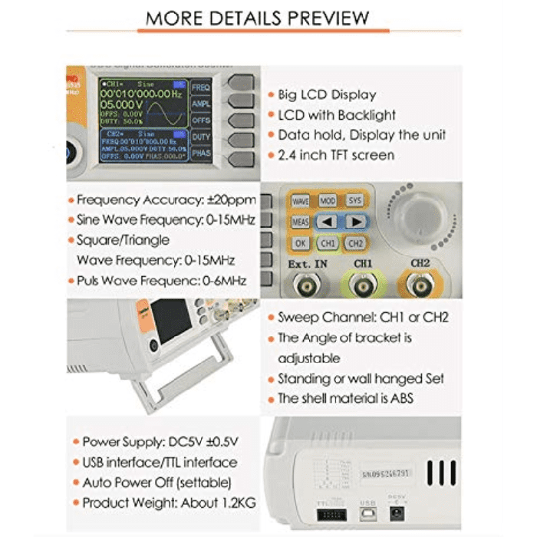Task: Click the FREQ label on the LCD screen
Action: pos(201,87)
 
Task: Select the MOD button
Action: pos(328,200)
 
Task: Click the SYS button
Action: pos(354,200)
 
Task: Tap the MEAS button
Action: pos(300,222)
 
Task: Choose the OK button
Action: pos(300,243)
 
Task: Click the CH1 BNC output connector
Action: pos(364,287)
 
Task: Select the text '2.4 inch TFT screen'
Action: pos(336,155)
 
